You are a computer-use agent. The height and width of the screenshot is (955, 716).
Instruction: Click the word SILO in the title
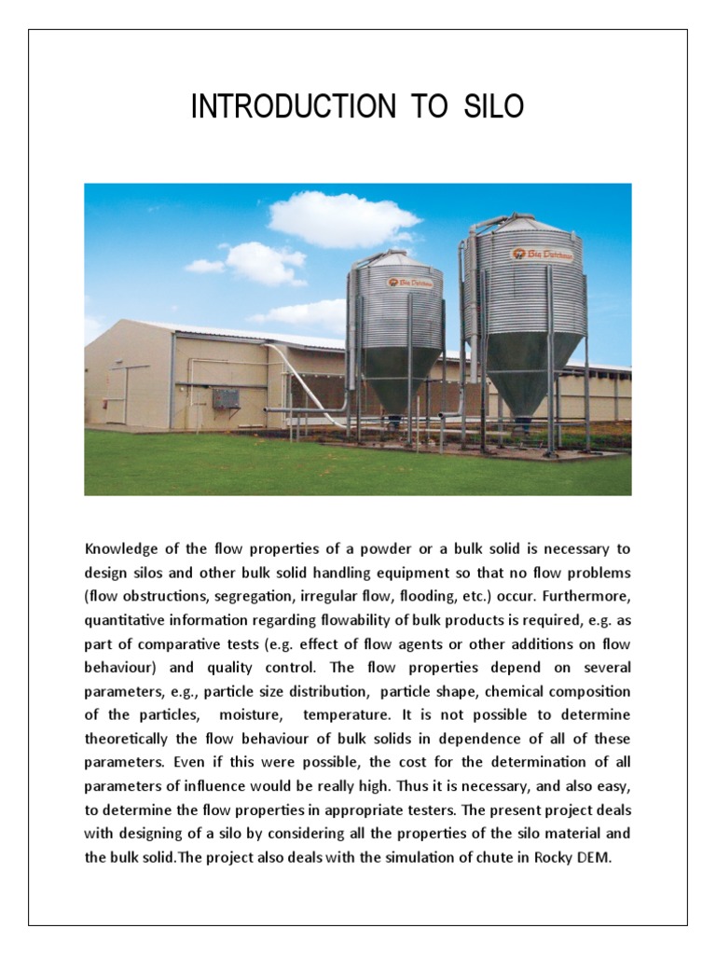pos(493,107)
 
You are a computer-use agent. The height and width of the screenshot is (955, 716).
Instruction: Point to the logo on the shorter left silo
pos(403,281)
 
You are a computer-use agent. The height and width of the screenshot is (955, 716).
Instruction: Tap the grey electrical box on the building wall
pos(225,398)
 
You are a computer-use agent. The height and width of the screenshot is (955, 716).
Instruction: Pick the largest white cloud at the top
pos(343,219)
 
